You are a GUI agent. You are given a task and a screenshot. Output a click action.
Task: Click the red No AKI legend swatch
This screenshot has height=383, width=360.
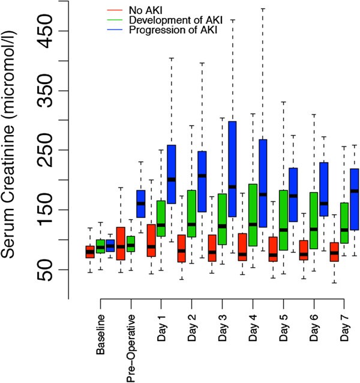(112, 10)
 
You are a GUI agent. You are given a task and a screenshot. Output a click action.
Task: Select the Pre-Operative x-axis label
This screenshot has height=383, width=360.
(131, 346)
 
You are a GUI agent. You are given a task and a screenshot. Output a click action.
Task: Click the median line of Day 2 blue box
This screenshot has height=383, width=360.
(202, 175)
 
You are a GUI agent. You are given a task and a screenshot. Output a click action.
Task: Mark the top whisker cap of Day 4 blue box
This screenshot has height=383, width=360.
(262, 9)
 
